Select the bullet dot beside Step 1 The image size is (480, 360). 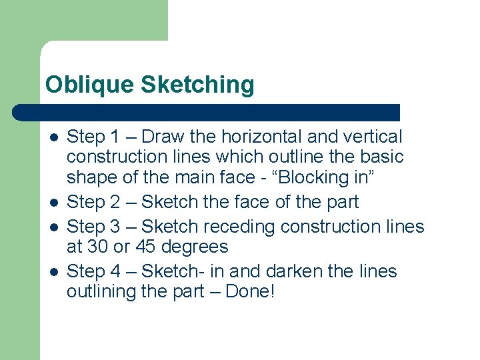[x=53, y=137]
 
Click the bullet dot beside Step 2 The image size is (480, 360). [x=53, y=202]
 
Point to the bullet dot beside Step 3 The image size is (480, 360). [x=53, y=227]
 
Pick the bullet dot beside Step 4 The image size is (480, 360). [x=53, y=271]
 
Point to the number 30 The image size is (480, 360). [x=98, y=247]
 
